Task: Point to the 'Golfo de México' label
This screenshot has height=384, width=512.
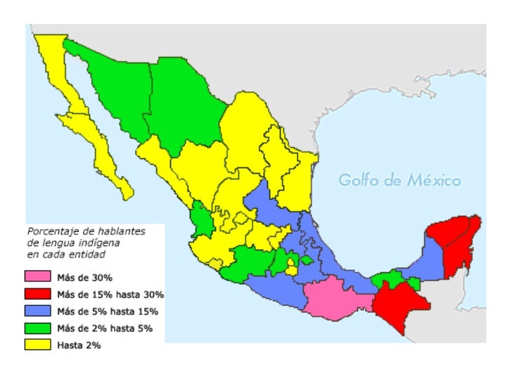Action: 399,181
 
